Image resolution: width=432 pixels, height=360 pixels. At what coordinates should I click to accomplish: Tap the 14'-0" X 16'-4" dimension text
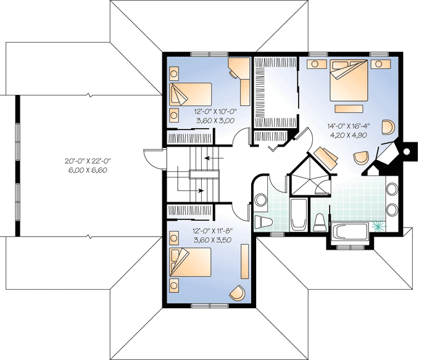pos(349,128)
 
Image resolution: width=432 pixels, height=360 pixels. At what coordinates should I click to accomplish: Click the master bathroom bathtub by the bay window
pos(351,233)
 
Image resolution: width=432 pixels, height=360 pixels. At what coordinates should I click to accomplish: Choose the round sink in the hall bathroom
pos(261,200)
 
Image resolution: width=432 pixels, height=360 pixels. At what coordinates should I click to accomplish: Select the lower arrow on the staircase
pos(199,190)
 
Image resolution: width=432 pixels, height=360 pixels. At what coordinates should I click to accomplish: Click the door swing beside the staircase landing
pos(152,158)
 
